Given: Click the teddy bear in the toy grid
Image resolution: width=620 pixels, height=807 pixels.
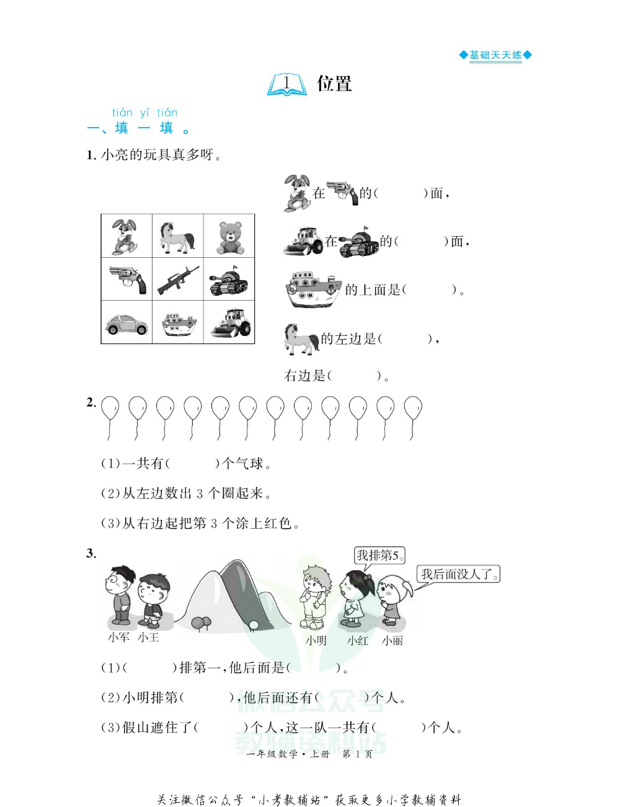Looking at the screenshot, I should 229,237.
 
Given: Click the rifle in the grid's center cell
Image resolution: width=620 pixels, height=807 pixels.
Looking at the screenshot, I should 178,280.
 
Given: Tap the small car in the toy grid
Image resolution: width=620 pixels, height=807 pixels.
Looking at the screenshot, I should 126,324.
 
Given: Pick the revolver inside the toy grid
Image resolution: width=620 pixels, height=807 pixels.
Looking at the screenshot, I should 128,280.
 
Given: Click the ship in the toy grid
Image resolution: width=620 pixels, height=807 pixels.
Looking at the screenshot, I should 179,324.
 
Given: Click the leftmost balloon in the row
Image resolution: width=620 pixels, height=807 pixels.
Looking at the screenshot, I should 110,410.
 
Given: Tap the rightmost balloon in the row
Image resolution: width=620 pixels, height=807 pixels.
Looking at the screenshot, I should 413,410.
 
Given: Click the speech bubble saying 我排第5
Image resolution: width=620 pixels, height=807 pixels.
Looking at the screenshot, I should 379,555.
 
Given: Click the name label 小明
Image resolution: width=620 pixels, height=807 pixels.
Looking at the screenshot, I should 316,641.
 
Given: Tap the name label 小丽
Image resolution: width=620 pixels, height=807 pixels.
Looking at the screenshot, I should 392,641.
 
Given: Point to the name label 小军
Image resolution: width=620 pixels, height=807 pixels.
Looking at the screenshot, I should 118,637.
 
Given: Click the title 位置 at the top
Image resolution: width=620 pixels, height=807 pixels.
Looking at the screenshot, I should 334,84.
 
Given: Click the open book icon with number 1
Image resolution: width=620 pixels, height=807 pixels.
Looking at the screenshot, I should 287,85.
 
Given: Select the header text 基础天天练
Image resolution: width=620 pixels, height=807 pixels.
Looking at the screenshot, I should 495,55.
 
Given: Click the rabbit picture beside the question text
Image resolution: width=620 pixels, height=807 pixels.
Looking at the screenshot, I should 297,193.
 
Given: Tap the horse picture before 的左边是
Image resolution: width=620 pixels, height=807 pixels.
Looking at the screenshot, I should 301,339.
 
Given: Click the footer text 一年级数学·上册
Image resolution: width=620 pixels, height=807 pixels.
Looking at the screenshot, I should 288,754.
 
